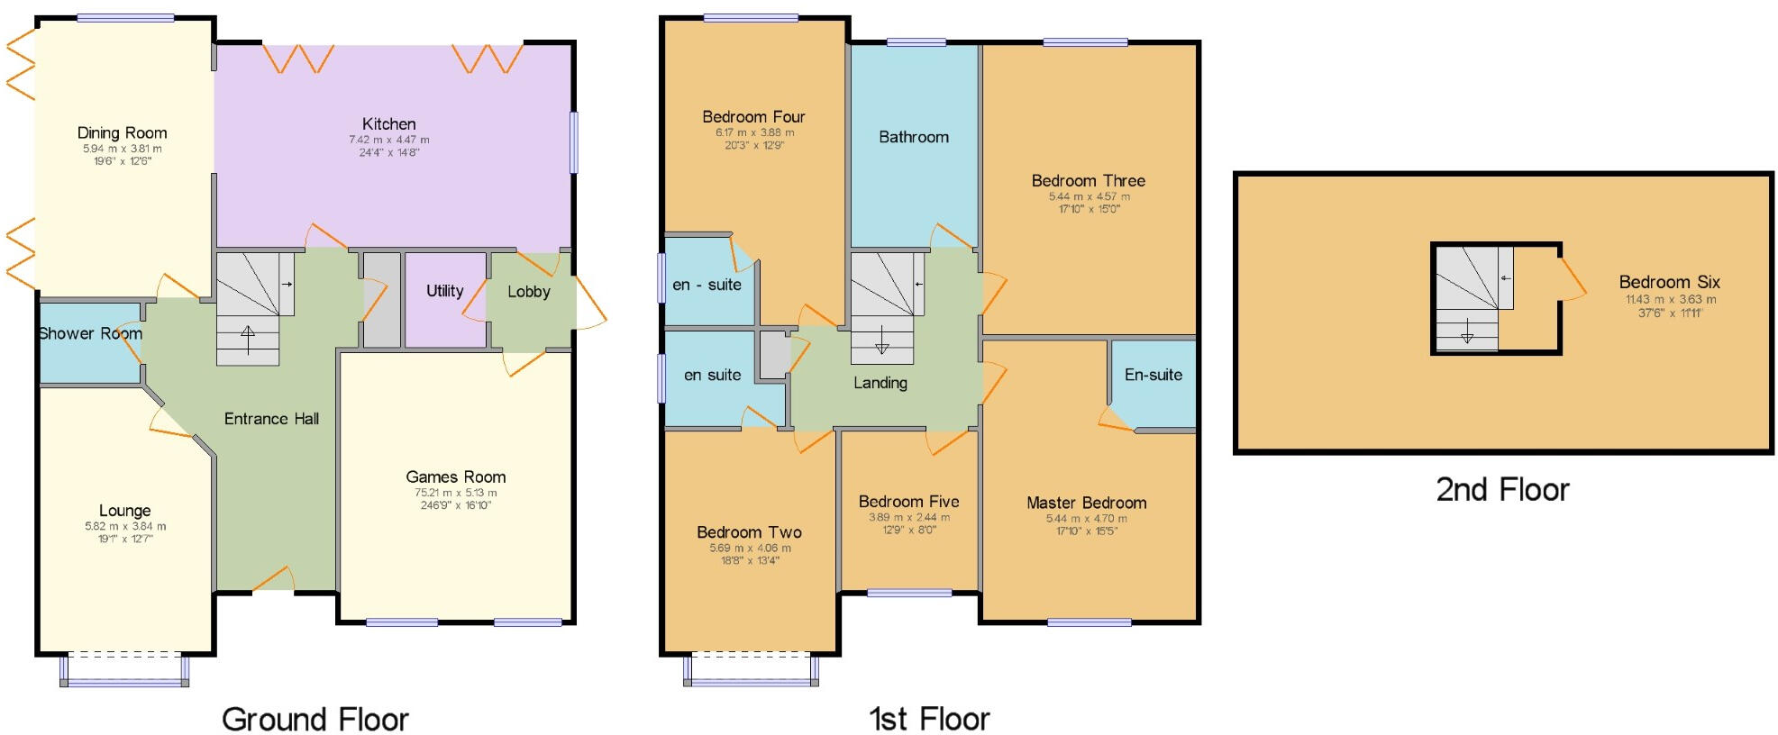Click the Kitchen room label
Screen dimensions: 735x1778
pos(388,124)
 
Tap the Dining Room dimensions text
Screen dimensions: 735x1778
pos(122,155)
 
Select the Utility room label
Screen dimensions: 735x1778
pos(444,291)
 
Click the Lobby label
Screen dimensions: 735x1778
pos(528,292)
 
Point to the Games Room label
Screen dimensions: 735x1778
pos(455,477)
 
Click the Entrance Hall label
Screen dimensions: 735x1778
pos(271,419)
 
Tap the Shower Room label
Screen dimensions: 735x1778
pos(90,333)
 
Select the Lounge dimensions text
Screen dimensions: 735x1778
pos(125,532)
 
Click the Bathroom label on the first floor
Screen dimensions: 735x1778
pos(913,137)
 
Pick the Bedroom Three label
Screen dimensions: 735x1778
pos(1088,181)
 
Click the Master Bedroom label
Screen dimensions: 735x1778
pos(1086,503)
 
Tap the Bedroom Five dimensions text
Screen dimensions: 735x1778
pos(908,523)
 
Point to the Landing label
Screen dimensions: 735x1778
pos(880,383)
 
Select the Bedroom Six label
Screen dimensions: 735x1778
pos(1669,282)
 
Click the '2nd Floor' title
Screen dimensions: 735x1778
pos(1501,490)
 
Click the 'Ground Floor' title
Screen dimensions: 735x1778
pos(315,720)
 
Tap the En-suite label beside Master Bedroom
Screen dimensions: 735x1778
pos(1153,375)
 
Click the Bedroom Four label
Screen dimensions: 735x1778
pos(753,117)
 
